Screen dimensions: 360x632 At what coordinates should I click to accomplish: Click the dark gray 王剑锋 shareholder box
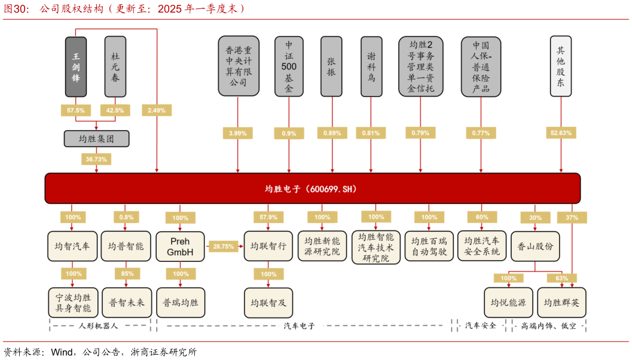76,66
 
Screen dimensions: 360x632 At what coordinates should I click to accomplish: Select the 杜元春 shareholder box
115,66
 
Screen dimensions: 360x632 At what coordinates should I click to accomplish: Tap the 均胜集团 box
96,139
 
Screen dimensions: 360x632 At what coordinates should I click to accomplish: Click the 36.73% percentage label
96,159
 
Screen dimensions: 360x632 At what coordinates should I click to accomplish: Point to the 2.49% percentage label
157,110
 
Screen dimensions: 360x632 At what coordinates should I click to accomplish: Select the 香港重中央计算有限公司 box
238,66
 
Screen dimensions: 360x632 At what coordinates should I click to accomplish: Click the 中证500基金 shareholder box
289,66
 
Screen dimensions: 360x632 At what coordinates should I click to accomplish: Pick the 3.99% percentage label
238,133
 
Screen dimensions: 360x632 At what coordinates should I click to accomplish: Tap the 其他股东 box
560,66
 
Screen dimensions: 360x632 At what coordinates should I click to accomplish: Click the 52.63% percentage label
560,133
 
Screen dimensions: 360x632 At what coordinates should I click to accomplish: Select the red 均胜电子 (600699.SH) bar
312,188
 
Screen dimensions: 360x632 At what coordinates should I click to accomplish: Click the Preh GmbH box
180,246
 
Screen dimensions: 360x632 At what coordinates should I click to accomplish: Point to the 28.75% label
224,246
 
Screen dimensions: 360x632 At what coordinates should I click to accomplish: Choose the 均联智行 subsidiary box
268,246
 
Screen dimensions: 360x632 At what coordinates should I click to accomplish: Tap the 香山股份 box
535,246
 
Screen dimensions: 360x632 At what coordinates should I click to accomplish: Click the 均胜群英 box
561,303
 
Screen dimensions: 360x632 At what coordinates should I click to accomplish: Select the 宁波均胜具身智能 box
74,303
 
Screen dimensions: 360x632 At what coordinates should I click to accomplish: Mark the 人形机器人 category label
98,326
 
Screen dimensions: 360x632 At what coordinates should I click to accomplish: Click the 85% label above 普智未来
126,274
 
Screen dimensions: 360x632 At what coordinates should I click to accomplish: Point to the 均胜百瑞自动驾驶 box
429,246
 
